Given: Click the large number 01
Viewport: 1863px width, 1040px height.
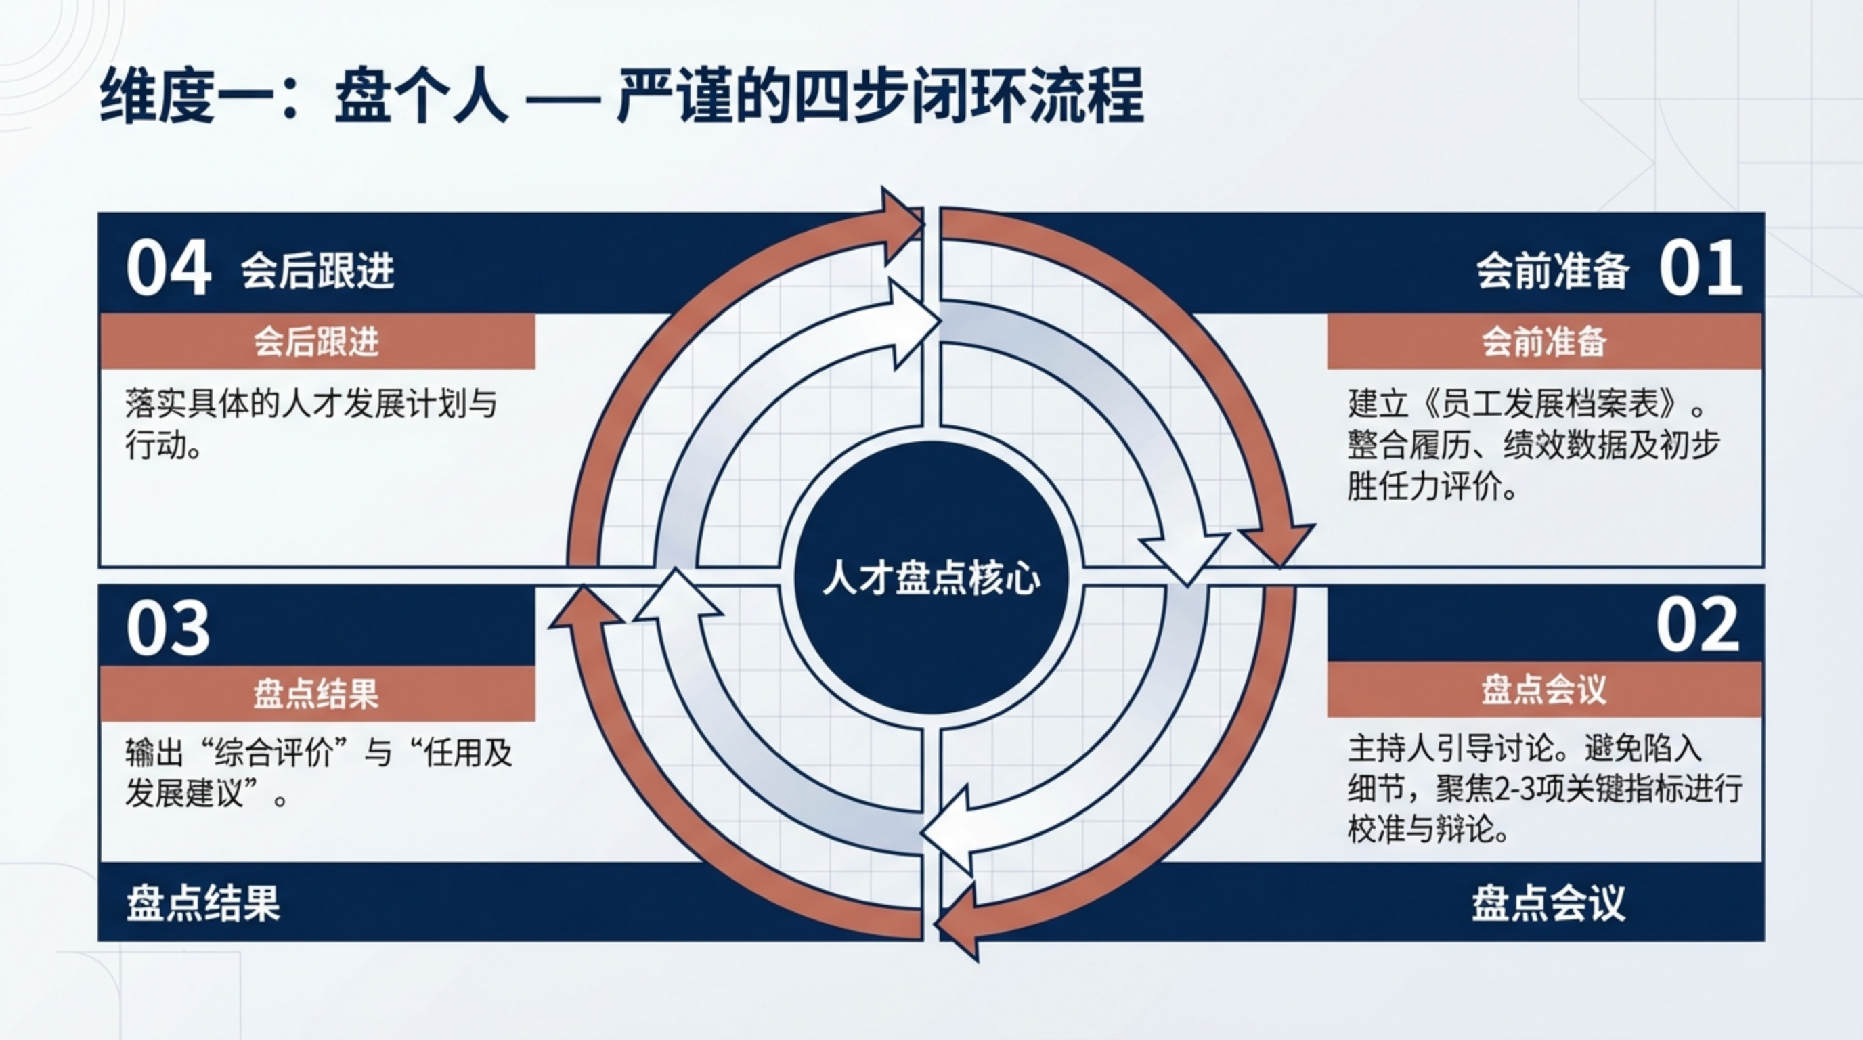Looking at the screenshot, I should (x=1700, y=268).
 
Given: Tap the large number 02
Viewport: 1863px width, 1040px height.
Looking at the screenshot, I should (x=1697, y=626).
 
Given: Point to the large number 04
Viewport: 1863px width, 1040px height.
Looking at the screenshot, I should (x=169, y=268).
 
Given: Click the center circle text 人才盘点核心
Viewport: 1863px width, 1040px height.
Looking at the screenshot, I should (x=931, y=579).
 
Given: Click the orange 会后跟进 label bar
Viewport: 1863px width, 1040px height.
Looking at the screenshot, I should (x=317, y=341).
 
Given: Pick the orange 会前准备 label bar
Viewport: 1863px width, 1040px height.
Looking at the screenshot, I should (x=1544, y=341).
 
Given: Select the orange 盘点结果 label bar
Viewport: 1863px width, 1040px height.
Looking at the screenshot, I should (x=317, y=693).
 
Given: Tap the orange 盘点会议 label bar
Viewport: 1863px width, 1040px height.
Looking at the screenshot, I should (x=1544, y=689).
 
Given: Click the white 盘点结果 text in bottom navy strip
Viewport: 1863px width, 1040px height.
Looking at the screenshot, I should (x=203, y=904).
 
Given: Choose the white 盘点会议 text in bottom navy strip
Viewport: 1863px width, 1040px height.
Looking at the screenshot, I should (x=1548, y=904).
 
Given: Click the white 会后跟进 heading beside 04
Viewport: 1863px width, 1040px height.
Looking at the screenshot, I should (x=317, y=272).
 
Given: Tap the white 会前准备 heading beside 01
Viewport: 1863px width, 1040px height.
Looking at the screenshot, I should (x=1552, y=272).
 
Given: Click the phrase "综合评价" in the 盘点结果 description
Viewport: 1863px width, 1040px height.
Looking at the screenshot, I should (x=276, y=754).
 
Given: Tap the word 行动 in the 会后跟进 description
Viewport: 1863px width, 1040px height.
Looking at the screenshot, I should (x=156, y=446).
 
